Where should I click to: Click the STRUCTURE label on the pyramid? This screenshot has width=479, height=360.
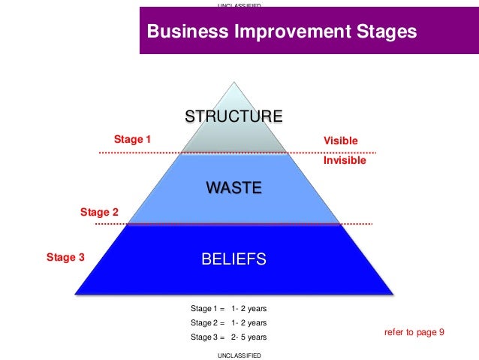pos(233,116)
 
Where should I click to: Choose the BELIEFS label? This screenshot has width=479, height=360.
pos(233,260)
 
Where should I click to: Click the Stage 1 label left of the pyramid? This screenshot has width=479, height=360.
pos(132,139)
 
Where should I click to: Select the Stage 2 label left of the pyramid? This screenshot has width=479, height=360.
pos(99,213)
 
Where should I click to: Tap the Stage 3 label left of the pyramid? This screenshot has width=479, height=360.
pos(65,258)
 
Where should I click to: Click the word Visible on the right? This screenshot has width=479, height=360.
pos(340,141)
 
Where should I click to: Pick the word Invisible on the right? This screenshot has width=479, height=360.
pos(345,160)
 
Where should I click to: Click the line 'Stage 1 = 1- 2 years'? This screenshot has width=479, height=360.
pos(228,308)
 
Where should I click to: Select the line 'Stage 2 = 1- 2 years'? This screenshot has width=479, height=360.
pos(228,322)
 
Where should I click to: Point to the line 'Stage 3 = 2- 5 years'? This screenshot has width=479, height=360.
pos(228,337)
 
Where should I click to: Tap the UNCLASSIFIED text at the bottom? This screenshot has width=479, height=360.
pos(239,355)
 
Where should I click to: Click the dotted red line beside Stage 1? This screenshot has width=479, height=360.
pos(135,153)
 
